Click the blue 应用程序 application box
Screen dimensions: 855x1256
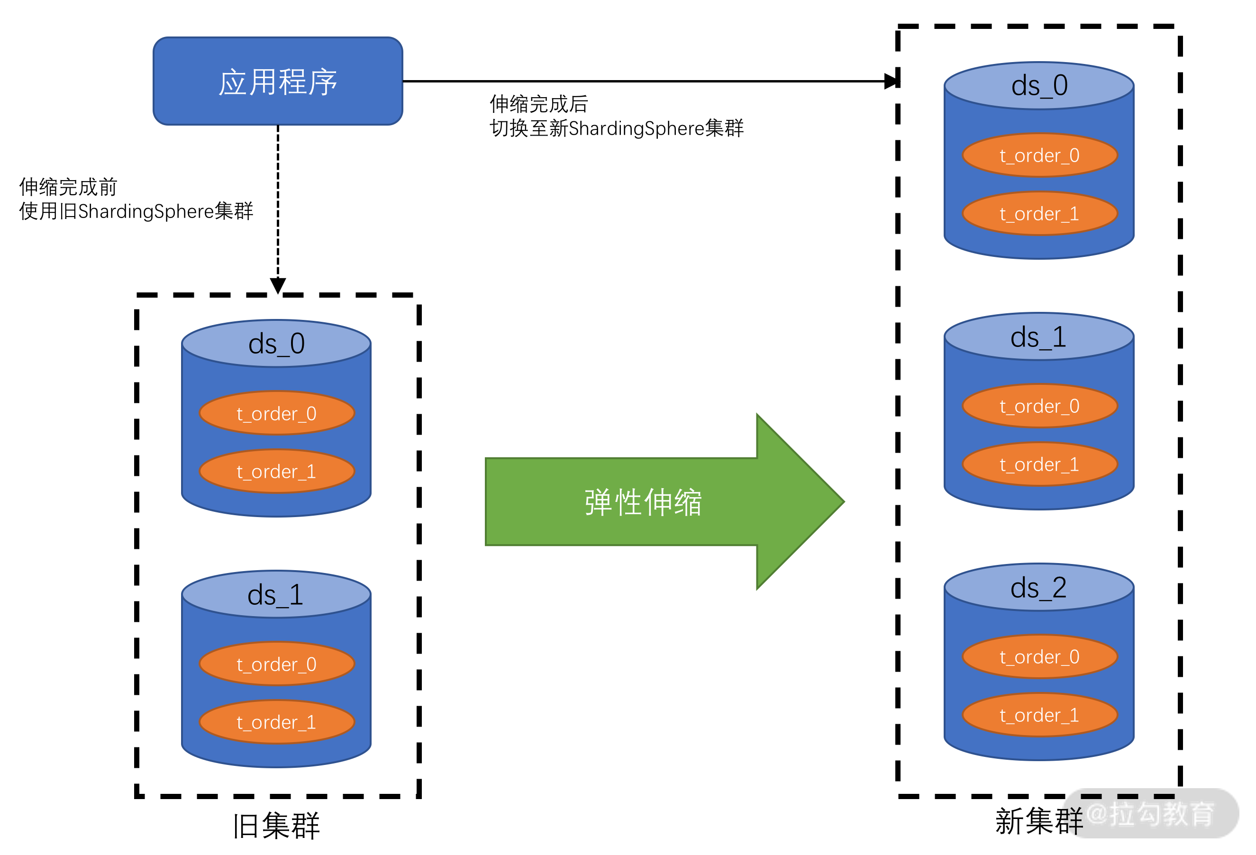[278, 81]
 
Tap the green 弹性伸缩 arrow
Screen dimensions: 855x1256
[643, 501]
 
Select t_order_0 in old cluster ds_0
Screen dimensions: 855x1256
[277, 413]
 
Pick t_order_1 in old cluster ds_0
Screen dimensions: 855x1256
[277, 471]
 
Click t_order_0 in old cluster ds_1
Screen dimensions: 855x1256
[277, 664]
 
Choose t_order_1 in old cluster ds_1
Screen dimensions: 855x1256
[277, 722]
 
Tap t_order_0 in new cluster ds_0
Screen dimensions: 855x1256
[1039, 155]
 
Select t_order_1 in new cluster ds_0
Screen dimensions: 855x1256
[1039, 213]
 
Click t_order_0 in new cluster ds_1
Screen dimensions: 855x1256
[1039, 406]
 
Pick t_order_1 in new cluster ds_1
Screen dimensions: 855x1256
[1039, 464]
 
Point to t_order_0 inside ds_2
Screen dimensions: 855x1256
[1039, 656]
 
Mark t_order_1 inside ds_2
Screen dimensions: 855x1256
[1039, 715]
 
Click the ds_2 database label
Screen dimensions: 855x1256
[1038, 588]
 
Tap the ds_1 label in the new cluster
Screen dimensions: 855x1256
[1038, 337]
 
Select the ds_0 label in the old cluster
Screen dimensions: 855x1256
[276, 344]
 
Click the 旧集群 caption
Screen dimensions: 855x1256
[276, 826]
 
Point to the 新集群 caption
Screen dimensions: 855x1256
[1038, 821]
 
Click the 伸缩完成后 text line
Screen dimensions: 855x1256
[538, 104]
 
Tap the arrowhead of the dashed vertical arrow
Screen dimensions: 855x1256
[278, 285]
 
